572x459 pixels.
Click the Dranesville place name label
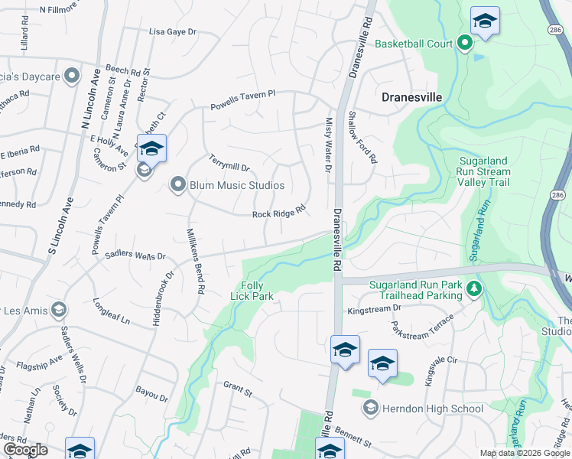[x=414, y=98]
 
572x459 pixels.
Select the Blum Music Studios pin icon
[x=178, y=185]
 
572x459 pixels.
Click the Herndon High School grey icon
[x=370, y=408]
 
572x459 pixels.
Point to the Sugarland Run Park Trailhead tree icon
[x=475, y=288]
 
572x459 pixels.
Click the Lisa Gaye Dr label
[x=173, y=33]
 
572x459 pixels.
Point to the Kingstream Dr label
[x=374, y=308]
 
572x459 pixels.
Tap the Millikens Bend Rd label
[x=194, y=261]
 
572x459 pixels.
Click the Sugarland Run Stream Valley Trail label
[x=484, y=172]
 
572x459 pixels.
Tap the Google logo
[x=25, y=449]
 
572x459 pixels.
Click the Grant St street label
[x=238, y=391]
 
